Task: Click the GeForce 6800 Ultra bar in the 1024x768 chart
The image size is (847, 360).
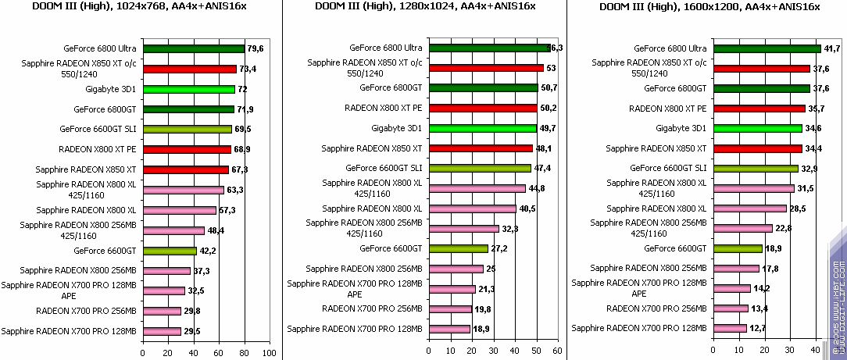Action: tap(193, 48)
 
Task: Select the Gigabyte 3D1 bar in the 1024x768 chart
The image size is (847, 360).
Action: tap(188, 90)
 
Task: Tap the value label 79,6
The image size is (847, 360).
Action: tap(255, 48)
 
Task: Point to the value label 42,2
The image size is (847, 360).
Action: tap(207, 251)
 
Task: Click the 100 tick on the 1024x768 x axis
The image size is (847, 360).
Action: tap(269, 353)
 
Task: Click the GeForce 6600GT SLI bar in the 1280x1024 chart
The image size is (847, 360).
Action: tap(479, 168)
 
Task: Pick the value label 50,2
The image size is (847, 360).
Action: tap(547, 108)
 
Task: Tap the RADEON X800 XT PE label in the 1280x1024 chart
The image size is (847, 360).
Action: tap(384, 108)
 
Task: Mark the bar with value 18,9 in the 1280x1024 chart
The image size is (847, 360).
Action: tap(449, 329)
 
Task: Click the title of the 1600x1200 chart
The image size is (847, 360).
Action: tap(709, 7)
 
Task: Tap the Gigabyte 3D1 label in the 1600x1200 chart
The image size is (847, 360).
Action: tap(681, 128)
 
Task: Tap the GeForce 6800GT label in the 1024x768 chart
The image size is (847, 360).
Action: tap(105, 109)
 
